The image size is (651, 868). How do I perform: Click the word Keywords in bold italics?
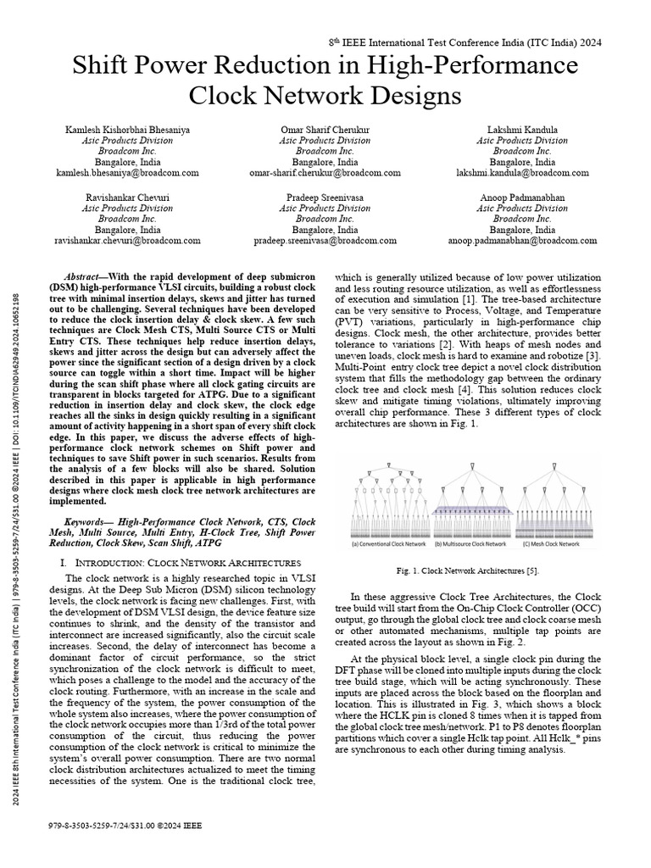tap(87, 523)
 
